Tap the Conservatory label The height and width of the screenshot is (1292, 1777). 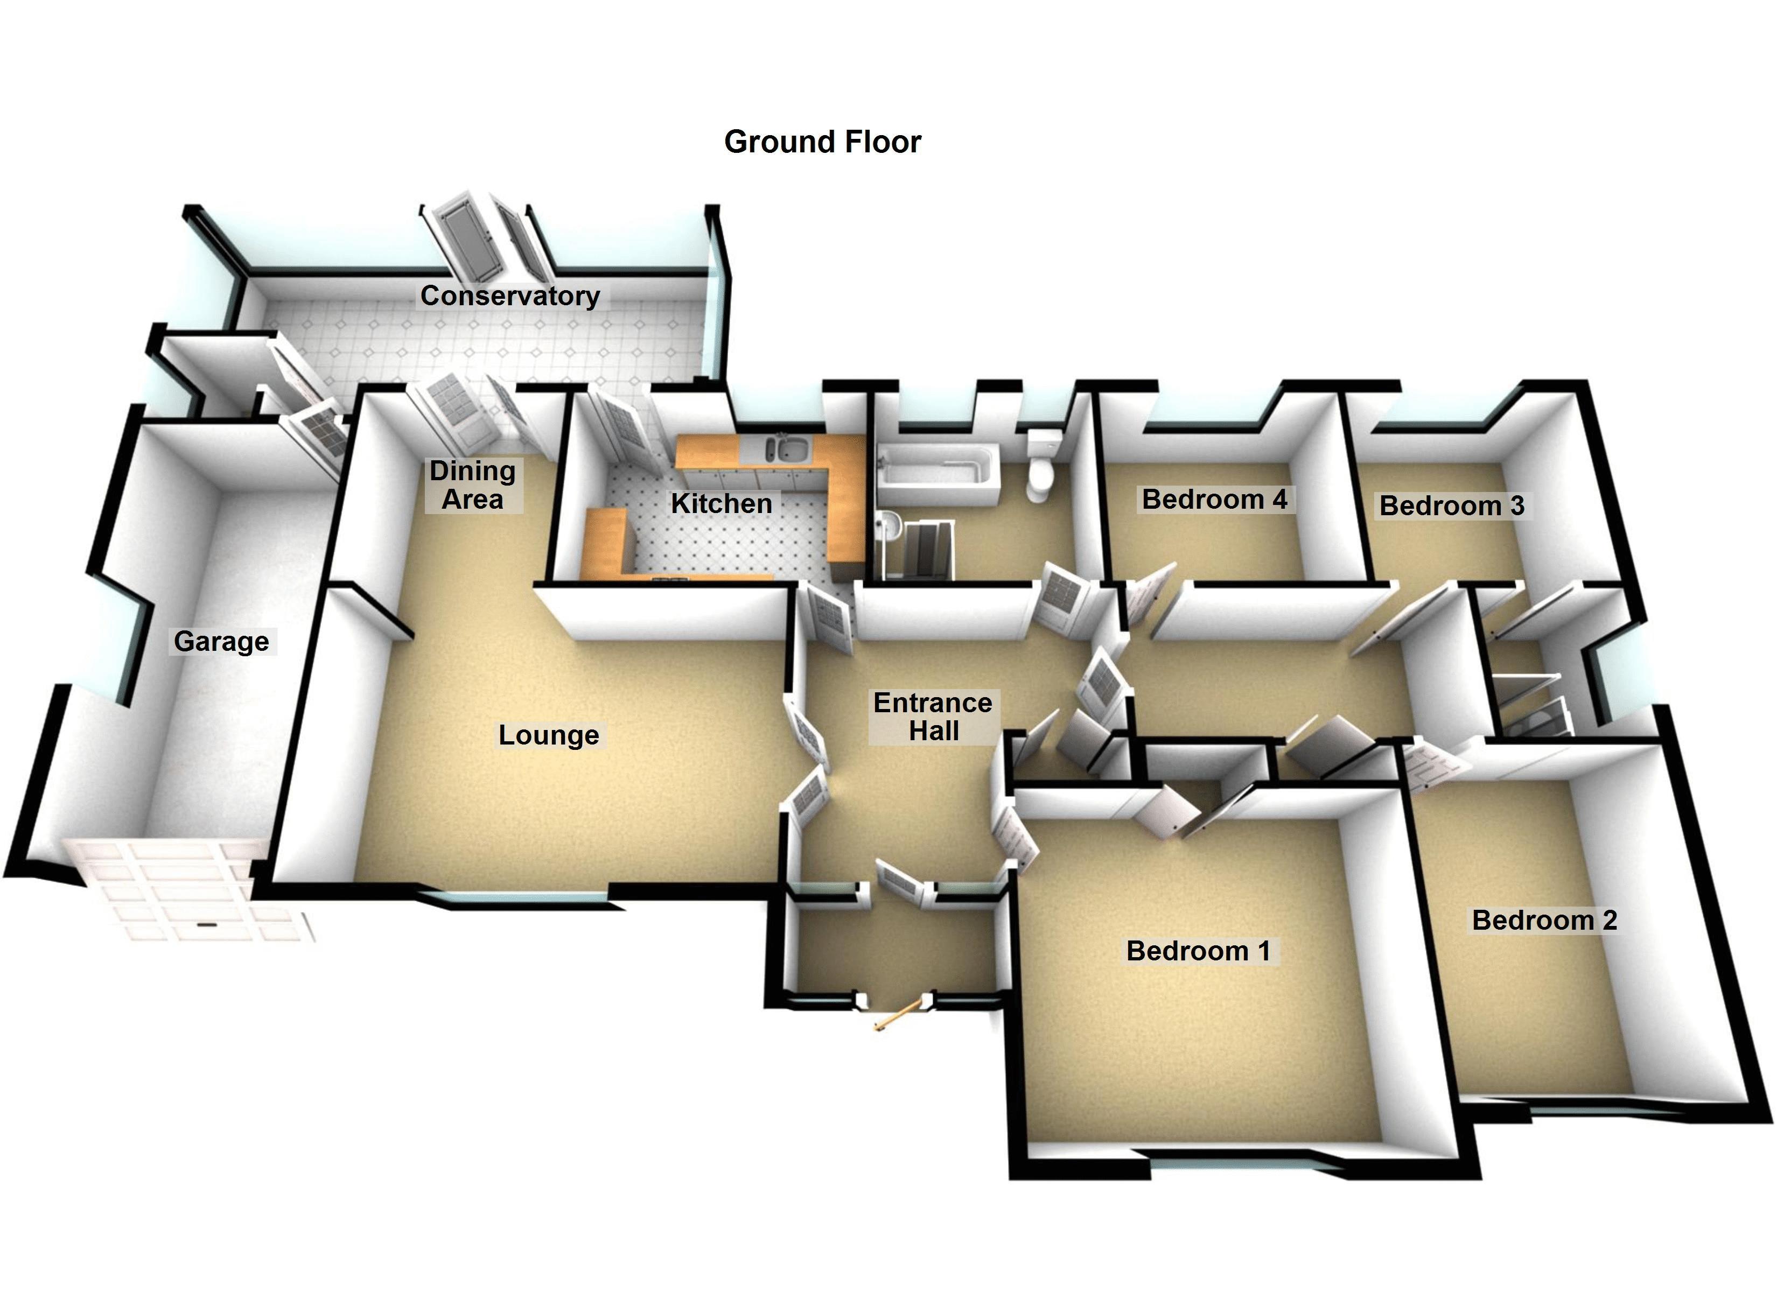509,296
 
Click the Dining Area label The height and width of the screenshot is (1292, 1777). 472,485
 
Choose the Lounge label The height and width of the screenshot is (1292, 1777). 549,735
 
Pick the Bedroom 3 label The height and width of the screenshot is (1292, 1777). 1451,505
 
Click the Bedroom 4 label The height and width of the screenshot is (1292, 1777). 1214,499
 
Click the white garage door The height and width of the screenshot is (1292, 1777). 188,889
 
